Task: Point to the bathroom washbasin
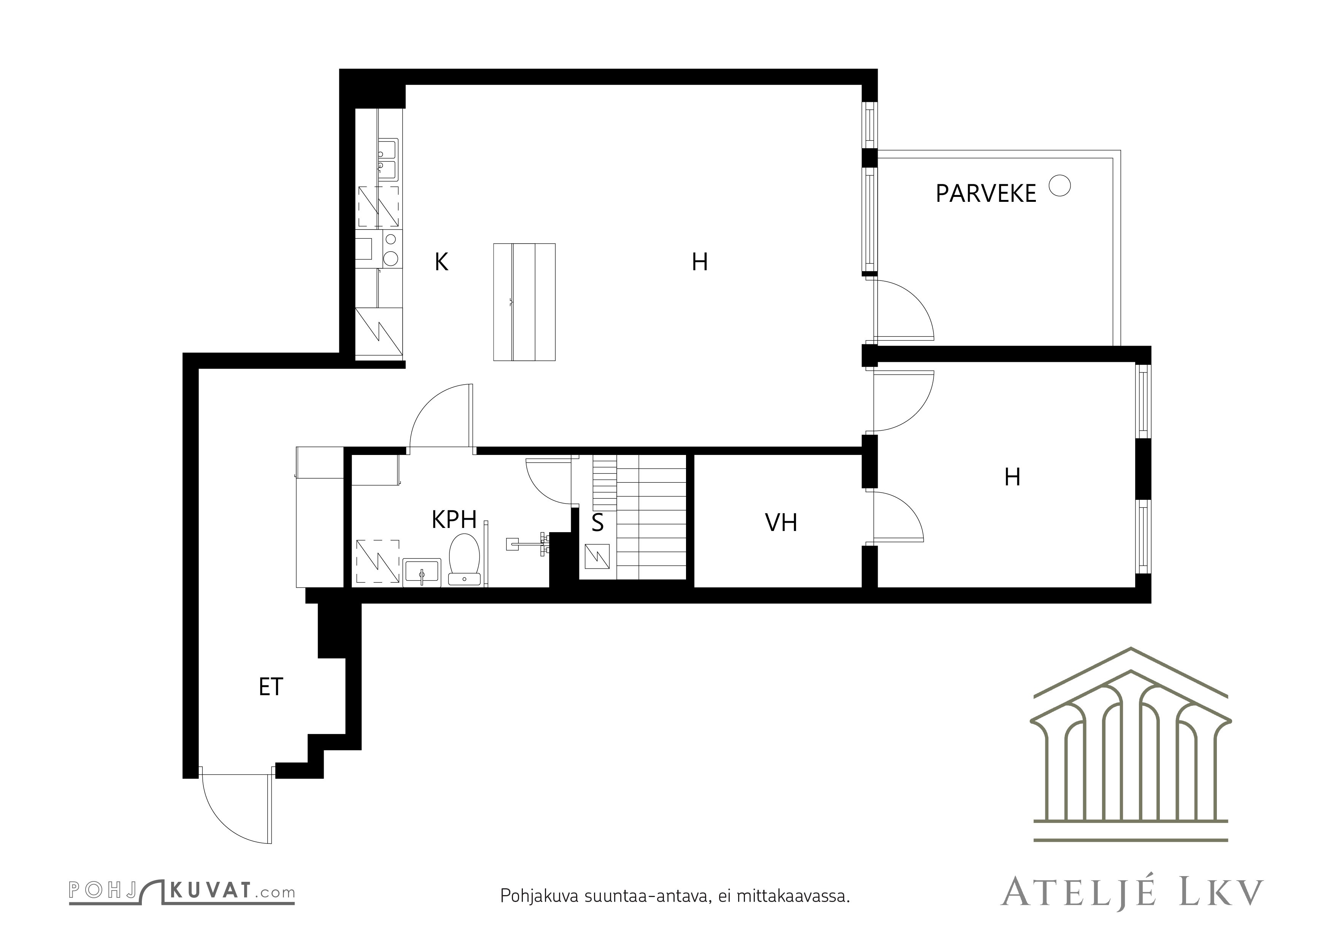point(422,572)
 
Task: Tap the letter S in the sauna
point(597,523)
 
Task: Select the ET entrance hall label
point(271,687)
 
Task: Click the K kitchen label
point(441,263)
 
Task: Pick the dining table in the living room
point(524,302)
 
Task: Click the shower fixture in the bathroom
point(529,544)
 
